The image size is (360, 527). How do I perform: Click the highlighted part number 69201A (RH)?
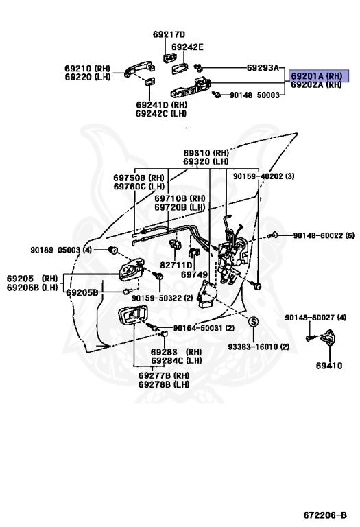point(316,75)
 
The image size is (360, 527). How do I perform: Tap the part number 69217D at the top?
point(169,34)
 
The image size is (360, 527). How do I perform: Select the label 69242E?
point(188,47)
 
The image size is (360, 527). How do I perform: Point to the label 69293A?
point(263,68)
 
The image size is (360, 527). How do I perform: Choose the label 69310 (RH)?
point(206,153)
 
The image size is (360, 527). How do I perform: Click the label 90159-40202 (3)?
point(263,176)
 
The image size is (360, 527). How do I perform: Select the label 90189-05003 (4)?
point(60,250)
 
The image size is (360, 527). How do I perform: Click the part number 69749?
point(194,274)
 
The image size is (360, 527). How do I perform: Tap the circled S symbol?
point(253,322)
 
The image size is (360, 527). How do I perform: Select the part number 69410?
point(328,366)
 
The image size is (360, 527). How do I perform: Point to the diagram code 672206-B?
point(330,515)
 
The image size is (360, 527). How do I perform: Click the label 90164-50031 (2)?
point(204,328)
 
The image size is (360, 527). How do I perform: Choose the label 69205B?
point(82,292)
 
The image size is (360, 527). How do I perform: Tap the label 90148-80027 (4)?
point(315,318)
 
